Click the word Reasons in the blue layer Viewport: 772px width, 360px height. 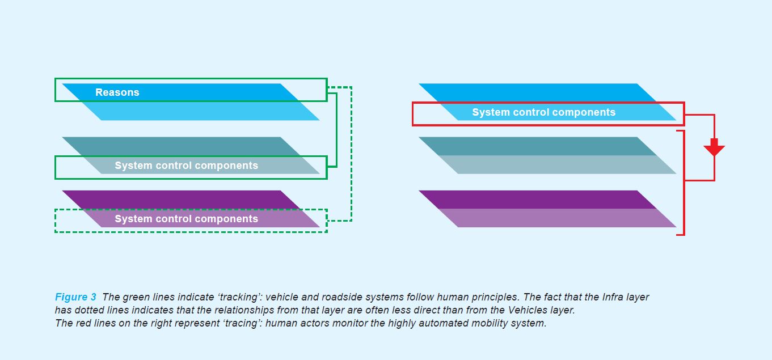point(117,92)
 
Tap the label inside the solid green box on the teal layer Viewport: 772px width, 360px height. point(186,166)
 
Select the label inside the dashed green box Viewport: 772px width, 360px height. point(186,219)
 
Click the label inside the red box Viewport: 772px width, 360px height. point(543,112)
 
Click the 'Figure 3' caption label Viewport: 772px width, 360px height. point(75,297)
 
